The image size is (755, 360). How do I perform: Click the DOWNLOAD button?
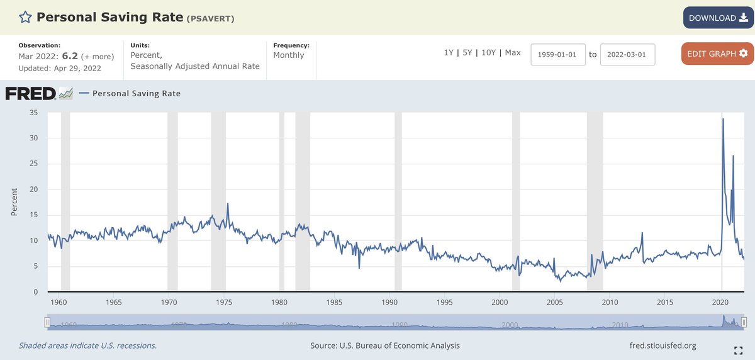[x=718, y=18]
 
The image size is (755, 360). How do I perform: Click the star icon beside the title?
[x=25, y=17]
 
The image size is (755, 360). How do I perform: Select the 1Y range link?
[x=449, y=53]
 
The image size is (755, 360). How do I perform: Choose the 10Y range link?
[x=488, y=53]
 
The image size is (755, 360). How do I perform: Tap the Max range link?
[x=513, y=53]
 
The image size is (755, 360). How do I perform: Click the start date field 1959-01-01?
[x=558, y=54]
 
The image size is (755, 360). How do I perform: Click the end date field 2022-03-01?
[x=627, y=54]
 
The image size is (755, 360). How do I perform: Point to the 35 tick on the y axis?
[x=34, y=113]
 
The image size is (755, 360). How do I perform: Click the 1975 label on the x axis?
[x=224, y=302]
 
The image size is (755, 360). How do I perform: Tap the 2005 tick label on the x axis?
[x=554, y=302]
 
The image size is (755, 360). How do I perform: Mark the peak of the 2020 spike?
[x=723, y=119]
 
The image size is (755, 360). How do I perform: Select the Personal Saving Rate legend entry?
[x=130, y=93]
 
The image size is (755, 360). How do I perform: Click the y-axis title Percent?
[x=14, y=202]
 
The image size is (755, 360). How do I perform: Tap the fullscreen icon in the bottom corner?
[x=738, y=351]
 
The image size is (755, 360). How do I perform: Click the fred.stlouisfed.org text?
[x=663, y=346]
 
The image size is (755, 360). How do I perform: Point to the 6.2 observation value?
[x=70, y=56]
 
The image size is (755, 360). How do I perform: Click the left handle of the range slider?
[x=47, y=323]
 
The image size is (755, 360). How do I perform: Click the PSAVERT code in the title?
[x=211, y=18]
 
